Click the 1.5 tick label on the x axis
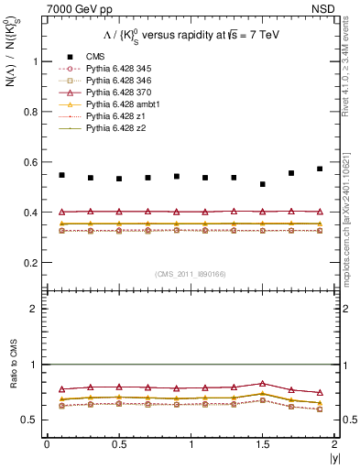[x=263, y=444]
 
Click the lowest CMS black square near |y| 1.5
[x=263, y=184]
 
